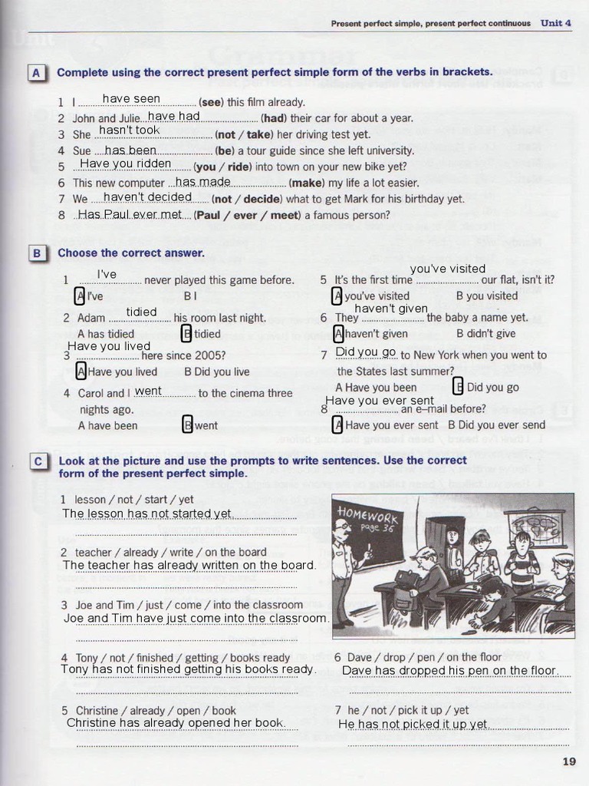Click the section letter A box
click(36, 72)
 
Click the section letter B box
click(36, 253)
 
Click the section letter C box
click(38, 461)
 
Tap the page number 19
click(568, 761)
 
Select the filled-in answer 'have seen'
click(131, 99)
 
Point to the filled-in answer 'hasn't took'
click(129, 131)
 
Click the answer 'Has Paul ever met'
click(130, 214)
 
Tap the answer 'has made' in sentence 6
click(203, 182)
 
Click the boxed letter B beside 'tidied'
click(186, 334)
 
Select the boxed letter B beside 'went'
click(187, 425)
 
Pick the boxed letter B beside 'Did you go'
click(458, 387)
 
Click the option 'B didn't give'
click(485, 334)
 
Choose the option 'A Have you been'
click(376, 388)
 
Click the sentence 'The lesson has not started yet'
click(146, 514)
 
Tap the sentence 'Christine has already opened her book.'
click(176, 723)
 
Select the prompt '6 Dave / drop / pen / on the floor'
click(418, 657)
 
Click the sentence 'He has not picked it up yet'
click(413, 724)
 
